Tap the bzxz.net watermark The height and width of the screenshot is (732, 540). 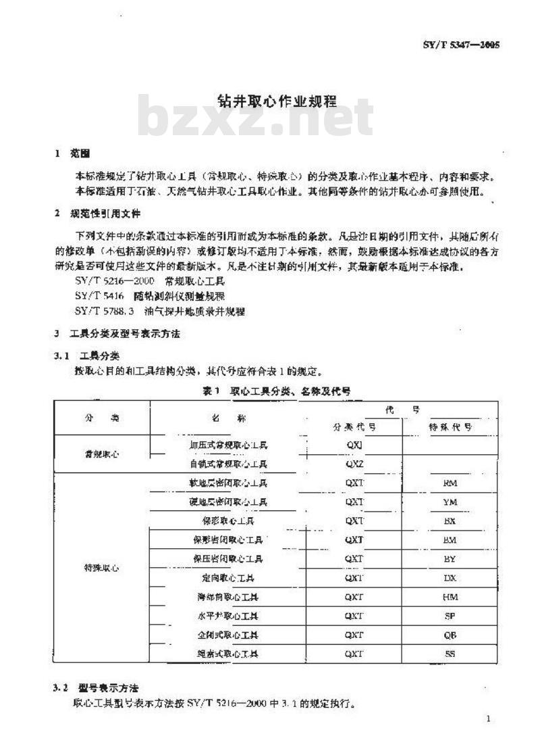[256, 119]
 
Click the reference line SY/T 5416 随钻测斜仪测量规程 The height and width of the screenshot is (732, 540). [151, 295]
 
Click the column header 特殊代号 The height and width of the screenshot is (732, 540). [450, 427]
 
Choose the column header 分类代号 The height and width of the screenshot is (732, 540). [354, 427]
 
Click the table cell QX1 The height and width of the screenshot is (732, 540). [354, 445]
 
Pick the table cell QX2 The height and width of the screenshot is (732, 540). [354, 464]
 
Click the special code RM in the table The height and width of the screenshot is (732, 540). [450, 483]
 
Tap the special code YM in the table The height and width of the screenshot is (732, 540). [450, 502]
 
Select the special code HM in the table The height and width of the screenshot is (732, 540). [450, 597]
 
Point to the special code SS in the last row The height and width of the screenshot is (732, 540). [450, 654]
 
